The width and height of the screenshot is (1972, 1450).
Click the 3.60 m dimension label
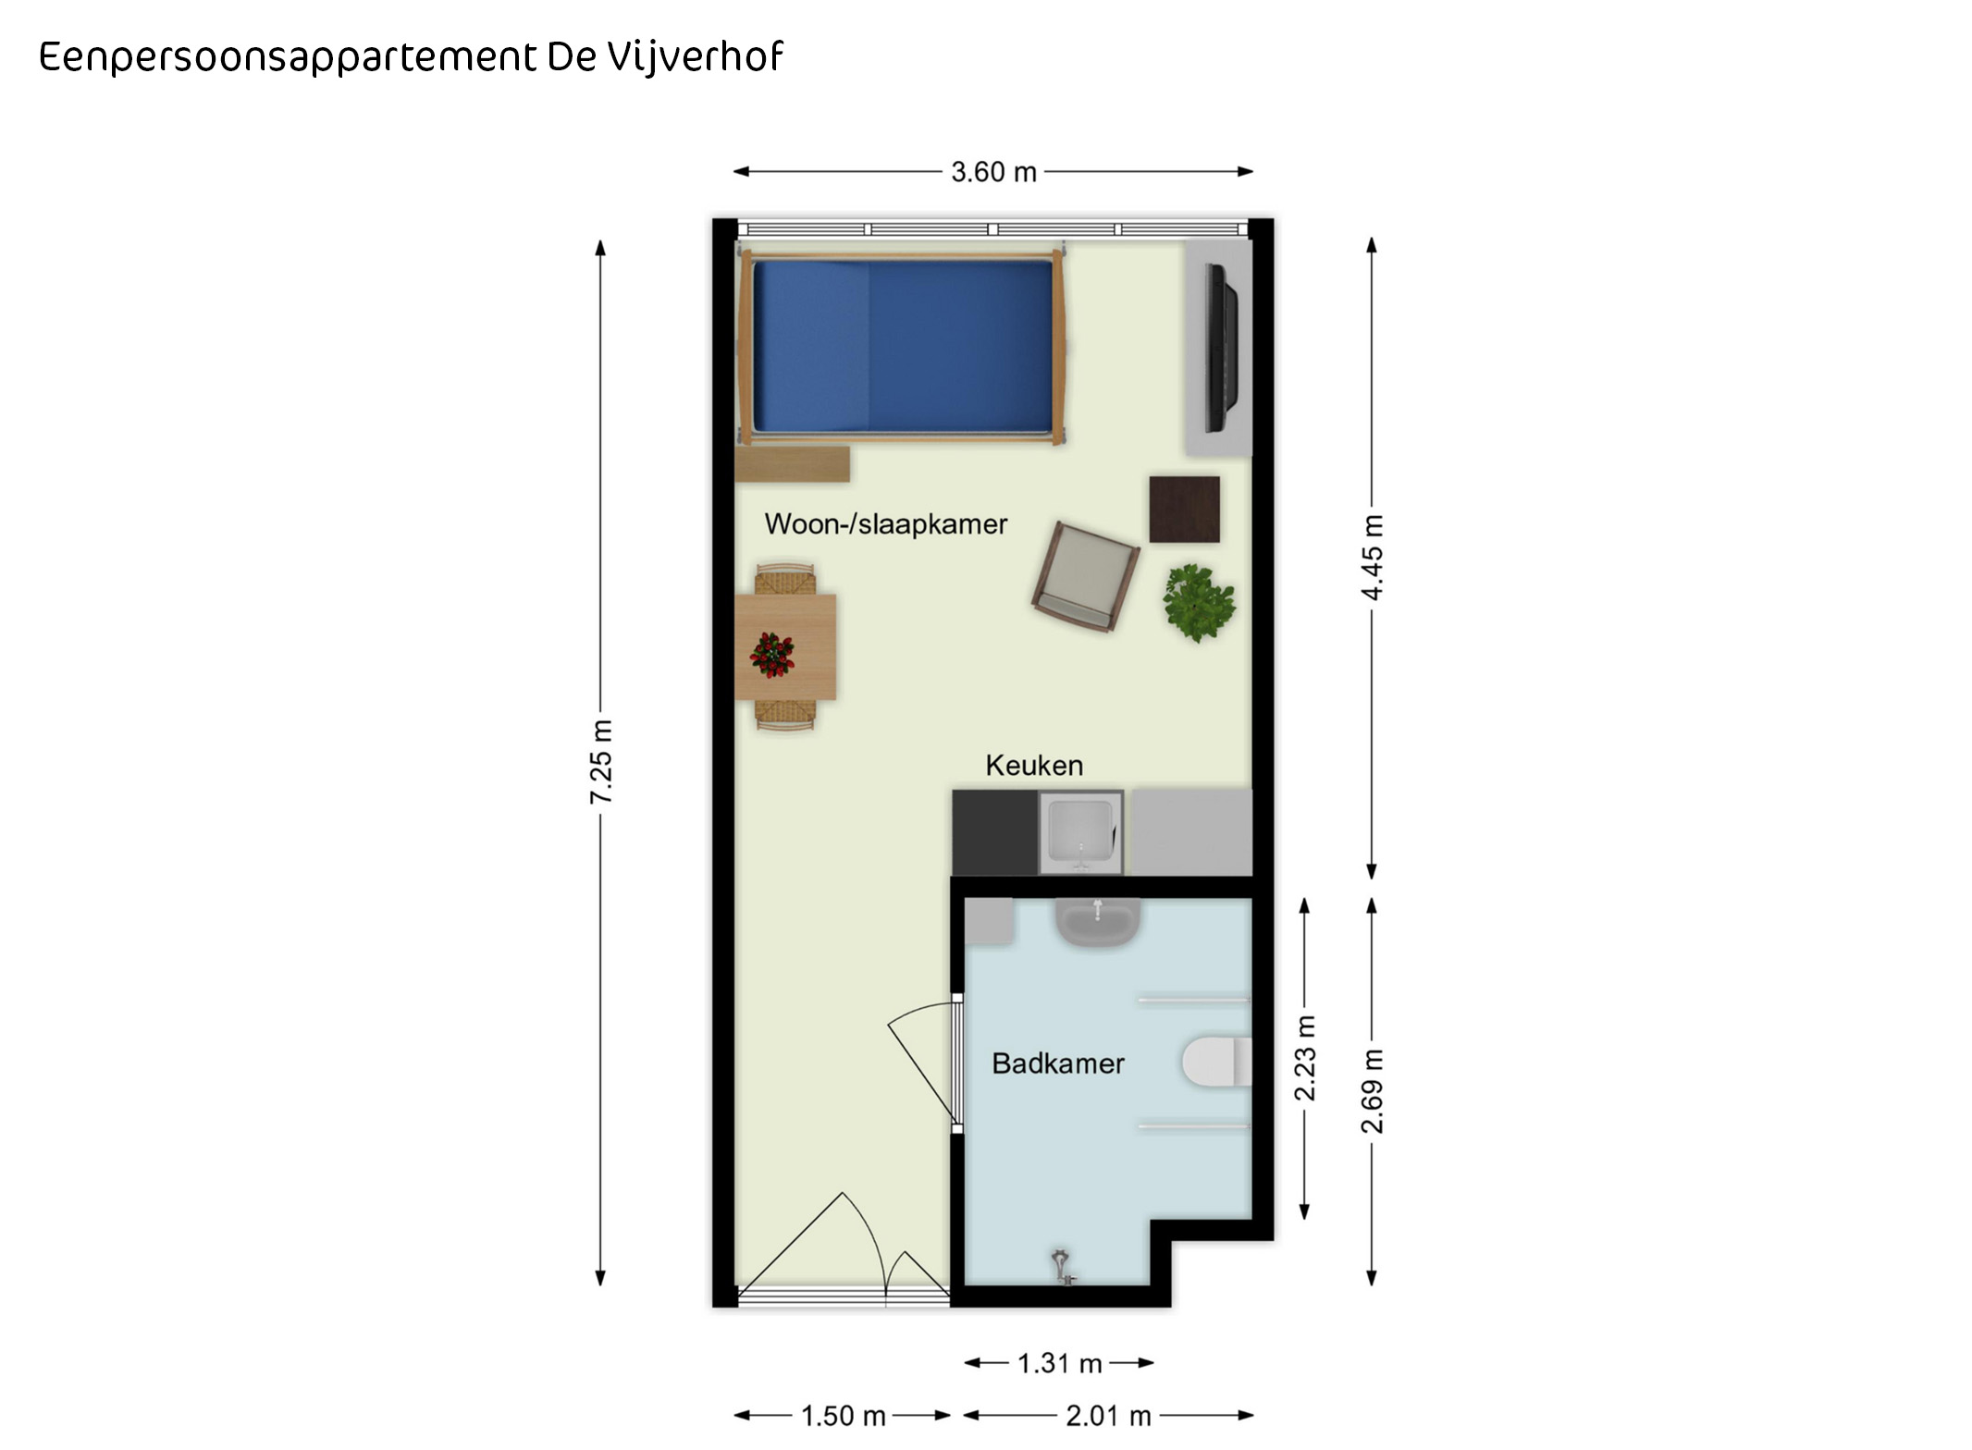pyautogui.click(x=993, y=172)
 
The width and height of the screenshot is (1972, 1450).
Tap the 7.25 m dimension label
pyautogui.click(x=601, y=761)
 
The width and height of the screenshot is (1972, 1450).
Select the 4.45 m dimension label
pyautogui.click(x=1373, y=558)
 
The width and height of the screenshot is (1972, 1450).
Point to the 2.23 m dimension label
pyautogui.click(x=1305, y=1058)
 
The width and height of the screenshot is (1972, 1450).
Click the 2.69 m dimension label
pyautogui.click(x=1373, y=1091)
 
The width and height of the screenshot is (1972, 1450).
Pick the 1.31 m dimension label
pyautogui.click(x=1060, y=1363)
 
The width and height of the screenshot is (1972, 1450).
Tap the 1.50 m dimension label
pyautogui.click(x=844, y=1416)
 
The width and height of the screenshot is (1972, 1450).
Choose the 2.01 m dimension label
pyautogui.click(x=1108, y=1416)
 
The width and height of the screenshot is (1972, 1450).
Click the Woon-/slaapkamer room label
pyautogui.click(x=885, y=524)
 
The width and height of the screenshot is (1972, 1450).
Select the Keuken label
pyautogui.click(x=1034, y=766)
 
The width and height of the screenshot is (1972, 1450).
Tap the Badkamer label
pyautogui.click(x=1058, y=1063)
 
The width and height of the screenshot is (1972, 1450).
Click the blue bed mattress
pyautogui.click(x=903, y=346)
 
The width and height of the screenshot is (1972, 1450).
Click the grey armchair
pyautogui.click(x=1086, y=577)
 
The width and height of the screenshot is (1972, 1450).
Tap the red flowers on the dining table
pyautogui.click(x=772, y=655)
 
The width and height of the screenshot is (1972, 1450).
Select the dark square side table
pyautogui.click(x=1185, y=510)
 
